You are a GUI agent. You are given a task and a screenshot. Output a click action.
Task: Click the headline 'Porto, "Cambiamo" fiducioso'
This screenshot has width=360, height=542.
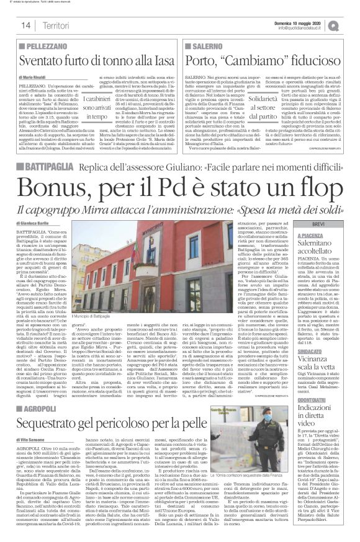click(258, 60)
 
